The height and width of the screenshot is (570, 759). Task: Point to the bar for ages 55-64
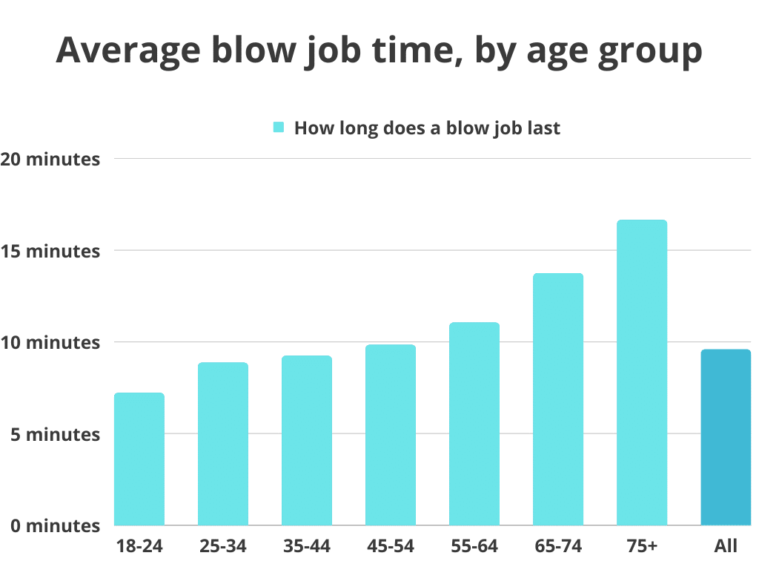(474, 424)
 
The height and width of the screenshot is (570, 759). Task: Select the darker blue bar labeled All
(726, 437)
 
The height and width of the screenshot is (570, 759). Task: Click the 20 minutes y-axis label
(50, 160)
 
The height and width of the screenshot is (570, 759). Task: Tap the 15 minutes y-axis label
(50, 252)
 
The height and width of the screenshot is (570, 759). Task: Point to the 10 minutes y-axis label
(50, 343)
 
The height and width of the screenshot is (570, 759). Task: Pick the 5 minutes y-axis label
(55, 434)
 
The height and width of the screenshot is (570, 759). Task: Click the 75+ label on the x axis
(642, 547)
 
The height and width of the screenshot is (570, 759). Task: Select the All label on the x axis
(726, 547)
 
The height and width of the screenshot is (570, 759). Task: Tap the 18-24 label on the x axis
(139, 547)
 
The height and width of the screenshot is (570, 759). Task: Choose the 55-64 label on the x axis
(474, 547)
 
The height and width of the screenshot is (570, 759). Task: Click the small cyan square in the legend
(279, 128)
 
